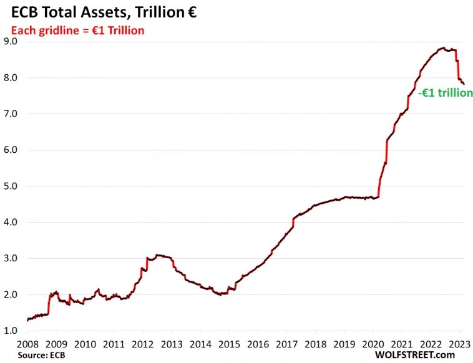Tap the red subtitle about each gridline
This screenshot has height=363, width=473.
click(x=76, y=30)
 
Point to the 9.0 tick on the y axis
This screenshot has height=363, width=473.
click(x=11, y=42)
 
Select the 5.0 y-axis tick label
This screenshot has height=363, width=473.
click(x=11, y=186)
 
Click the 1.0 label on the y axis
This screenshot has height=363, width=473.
click(x=11, y=331)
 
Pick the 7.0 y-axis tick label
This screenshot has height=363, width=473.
click(x=11, y=114)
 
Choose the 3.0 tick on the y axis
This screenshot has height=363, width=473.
click(x=11, y=258)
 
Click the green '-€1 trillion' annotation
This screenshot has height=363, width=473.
click(x=445, y=93)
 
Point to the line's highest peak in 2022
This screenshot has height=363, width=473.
click(x=442, y=47)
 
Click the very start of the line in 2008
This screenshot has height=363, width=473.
click(x=27, y=321)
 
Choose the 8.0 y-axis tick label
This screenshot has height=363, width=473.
click(x=11, y=78)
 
